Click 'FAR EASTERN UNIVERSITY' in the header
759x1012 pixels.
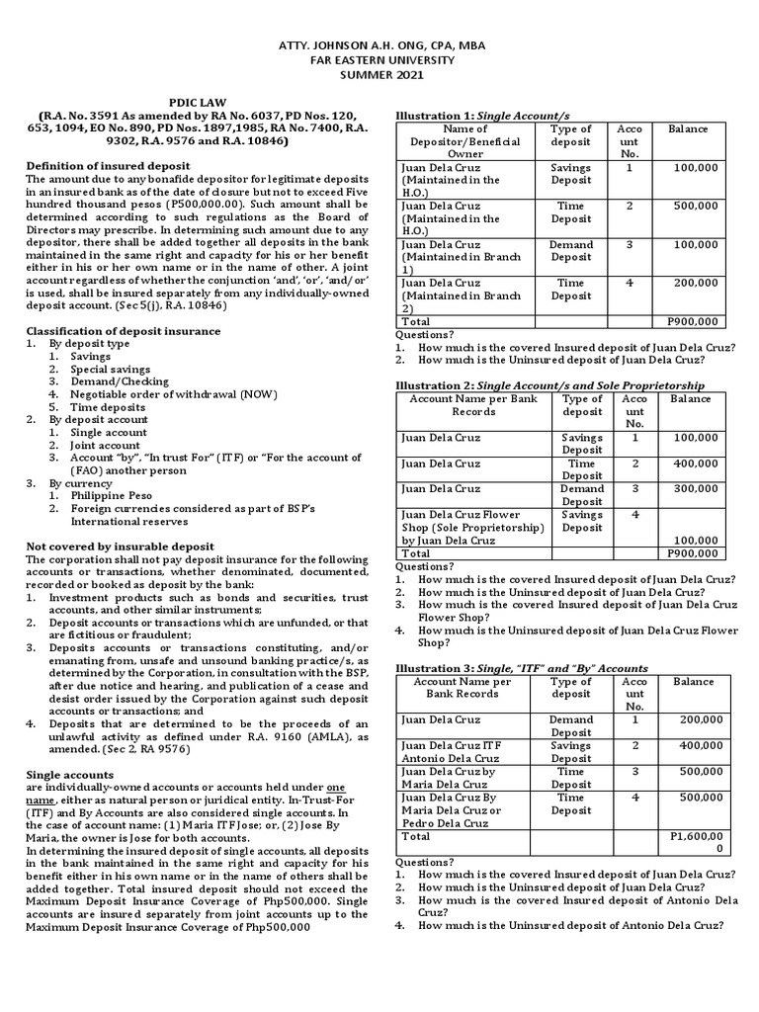(x=379, y=59)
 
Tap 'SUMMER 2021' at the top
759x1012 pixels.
(x=379, y=74)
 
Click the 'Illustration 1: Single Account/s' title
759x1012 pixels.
(x=482, y=116)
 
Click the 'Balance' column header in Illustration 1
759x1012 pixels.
(x=688, y=129)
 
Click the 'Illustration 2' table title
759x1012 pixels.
(x=549, y=384)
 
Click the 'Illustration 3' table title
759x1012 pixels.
(x=522, y=668)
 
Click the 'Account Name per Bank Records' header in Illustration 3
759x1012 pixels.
(x=463, y=688)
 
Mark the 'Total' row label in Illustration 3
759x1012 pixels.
(x=417, y=836)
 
